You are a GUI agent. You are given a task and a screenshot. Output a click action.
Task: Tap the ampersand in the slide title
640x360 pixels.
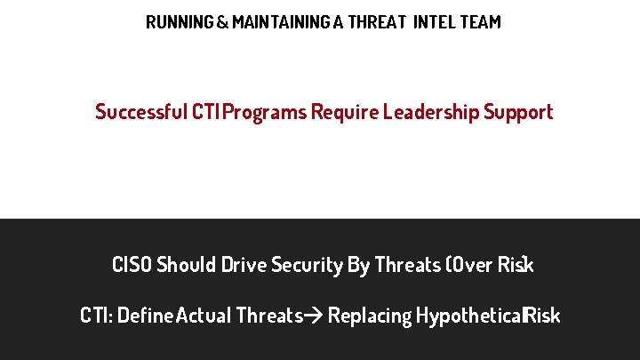(221, 22)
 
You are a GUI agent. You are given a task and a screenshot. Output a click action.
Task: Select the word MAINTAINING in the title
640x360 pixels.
(278, 22)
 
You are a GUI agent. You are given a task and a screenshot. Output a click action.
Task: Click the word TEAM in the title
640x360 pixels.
(480, 22)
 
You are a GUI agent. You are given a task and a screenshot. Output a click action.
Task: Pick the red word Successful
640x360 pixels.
(141, 112)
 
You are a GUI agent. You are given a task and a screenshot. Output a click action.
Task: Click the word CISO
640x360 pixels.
(132, 265)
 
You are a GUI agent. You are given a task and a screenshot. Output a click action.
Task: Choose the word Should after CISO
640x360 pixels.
(186, 265)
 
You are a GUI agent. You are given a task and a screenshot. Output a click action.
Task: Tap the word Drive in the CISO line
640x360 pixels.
(244, 265)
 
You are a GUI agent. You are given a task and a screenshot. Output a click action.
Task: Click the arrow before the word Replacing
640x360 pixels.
(315, 316)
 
